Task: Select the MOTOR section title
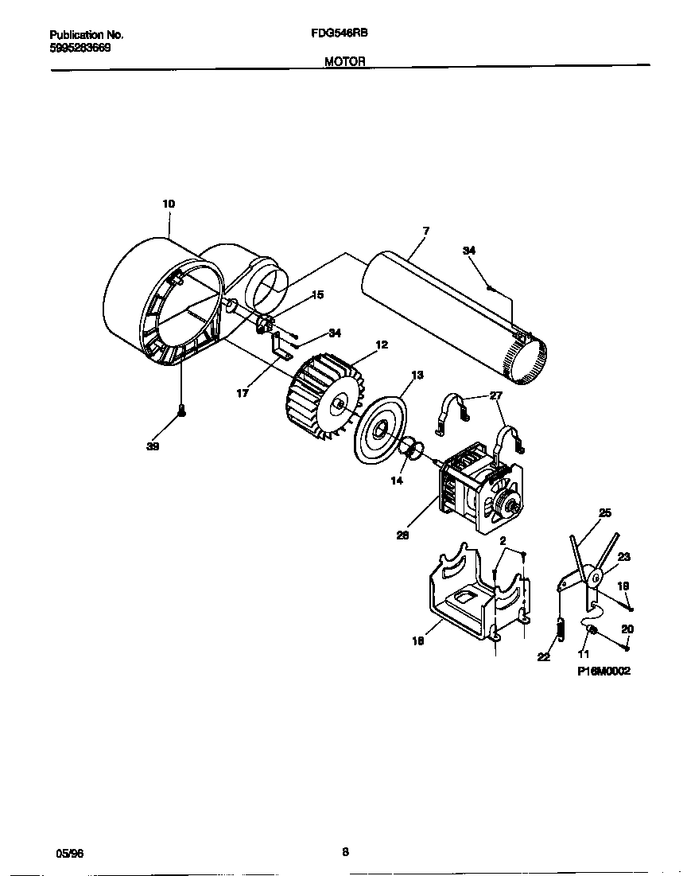point(345,61)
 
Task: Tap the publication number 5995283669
point(80,48)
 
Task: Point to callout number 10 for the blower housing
point(169,204)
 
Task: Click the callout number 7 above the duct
point(426,231)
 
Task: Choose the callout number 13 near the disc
point(417,375)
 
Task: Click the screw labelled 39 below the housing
point(182,411)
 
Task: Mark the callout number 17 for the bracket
point(243,392)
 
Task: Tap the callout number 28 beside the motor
point(403,535)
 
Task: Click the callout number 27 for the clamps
point(495,395)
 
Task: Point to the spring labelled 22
point(560,628)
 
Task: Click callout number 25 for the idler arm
point(605,513)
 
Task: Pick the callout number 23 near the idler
point(623,557)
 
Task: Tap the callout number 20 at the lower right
point(627,629)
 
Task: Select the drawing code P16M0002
point(604,671)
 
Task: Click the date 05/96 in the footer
point(70,853)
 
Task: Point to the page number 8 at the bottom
point(345,851)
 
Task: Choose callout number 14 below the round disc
point(397,481)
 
